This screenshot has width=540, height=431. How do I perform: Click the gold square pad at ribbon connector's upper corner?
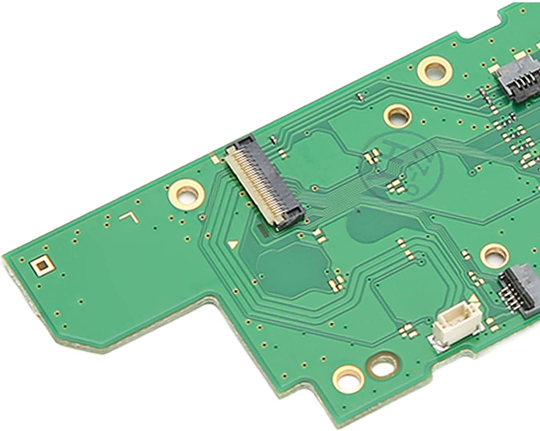click(x=215, y=158)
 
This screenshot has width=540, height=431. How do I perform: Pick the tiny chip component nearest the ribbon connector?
click(x=274, y=139)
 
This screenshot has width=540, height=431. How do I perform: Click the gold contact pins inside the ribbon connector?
click(x=257, y=184)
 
